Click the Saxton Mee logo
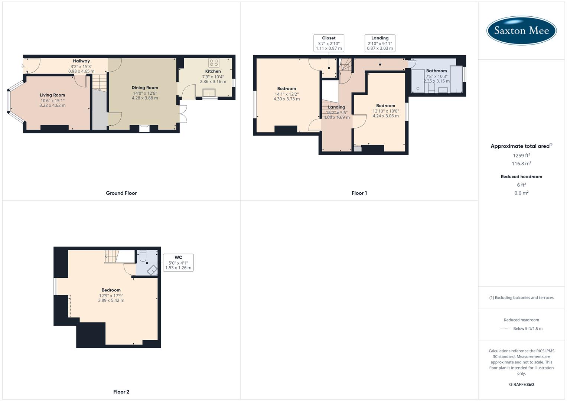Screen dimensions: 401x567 521,30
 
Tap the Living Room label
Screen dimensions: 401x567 52,95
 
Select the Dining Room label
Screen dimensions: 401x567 145,88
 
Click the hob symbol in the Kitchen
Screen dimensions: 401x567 214,63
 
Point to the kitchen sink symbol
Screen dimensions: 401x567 209,92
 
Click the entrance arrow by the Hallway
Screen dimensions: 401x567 23,66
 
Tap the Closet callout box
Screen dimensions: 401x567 329,43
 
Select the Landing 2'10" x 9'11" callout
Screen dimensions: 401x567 380,43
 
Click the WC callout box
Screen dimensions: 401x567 178,263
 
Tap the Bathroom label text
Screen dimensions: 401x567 436,71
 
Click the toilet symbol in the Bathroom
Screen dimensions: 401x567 431,88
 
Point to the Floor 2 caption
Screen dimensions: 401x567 121,392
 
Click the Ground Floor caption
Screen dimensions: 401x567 121,193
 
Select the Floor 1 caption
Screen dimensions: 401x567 359,193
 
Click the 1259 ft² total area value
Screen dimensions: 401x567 521,156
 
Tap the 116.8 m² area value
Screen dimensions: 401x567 521,164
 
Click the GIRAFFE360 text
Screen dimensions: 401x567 521,384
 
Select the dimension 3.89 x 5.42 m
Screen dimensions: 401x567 111,300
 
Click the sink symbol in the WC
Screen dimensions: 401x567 152,270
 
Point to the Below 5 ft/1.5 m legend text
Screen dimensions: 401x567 528,329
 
